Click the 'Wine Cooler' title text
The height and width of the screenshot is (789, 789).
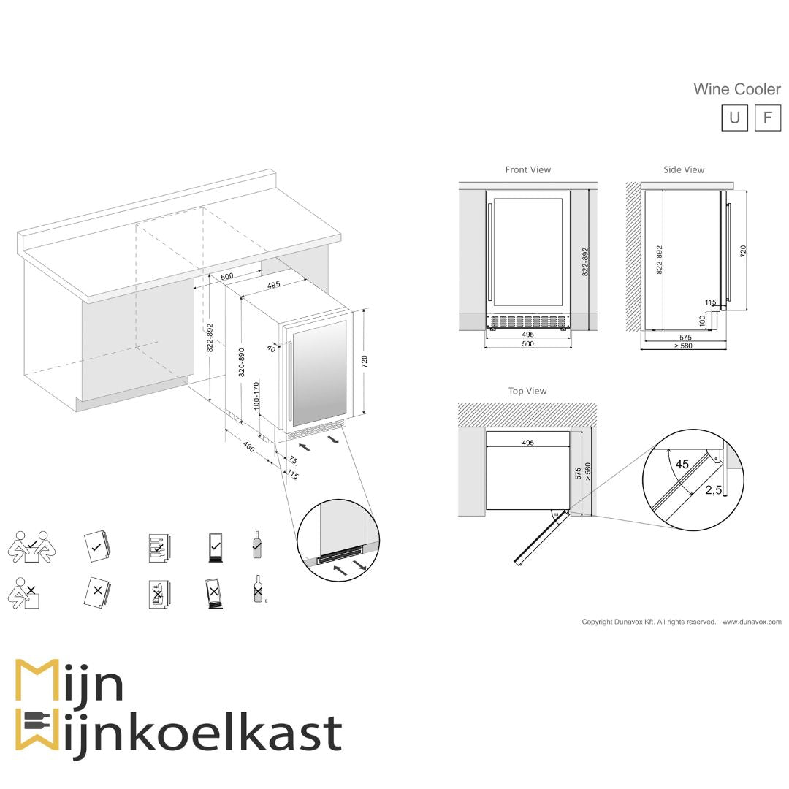[736, 89]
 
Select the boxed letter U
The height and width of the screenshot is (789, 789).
[734, 118]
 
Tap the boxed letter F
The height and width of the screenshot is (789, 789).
[767, 118]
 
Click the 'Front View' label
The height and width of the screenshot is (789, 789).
[527, 169]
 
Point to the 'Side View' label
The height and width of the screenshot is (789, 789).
[684, 169]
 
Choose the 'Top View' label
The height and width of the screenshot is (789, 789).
[527, 391]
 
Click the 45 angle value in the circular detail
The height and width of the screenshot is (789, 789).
[682, 464]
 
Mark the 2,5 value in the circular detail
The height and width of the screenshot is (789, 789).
[713, 491]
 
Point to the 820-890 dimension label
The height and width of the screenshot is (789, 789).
[242, 362]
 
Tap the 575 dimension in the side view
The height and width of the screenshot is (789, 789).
[685, 338]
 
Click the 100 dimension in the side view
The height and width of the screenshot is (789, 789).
[702, 319]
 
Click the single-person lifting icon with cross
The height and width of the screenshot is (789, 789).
[24, 594]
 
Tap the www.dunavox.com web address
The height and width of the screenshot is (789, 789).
[752, 622]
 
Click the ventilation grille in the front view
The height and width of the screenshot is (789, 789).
[528, 321]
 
